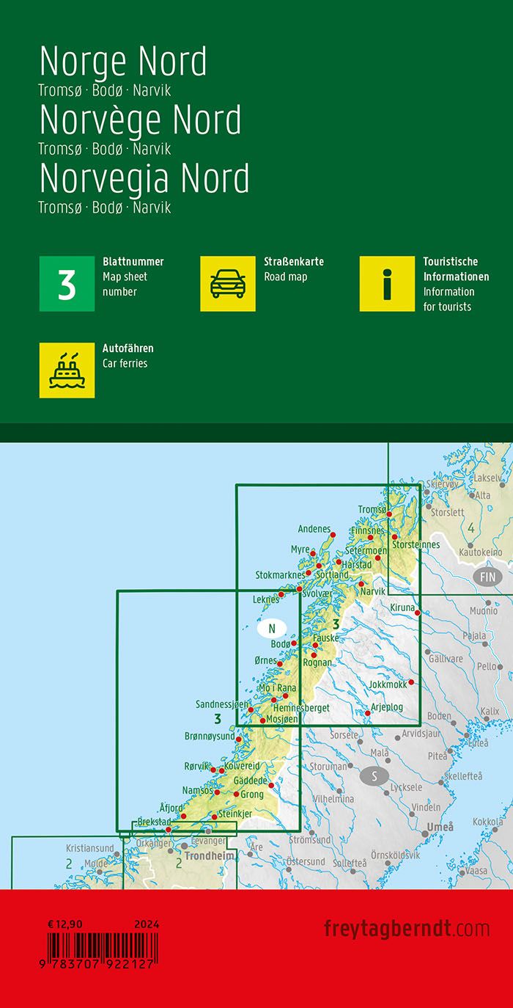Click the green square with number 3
click(x=67, y=284)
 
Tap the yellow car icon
click(x=228, y=284)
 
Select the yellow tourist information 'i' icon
click(x=387, y=284)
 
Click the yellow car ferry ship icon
click(x=67, y=370)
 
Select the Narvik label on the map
click(x=373, y=591)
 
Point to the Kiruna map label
click(x=403, y=607)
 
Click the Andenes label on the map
click(x=314, y=528)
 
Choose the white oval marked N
click(x=272, y=628)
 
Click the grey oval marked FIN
click(x=488, y=577)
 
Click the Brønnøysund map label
click(x=210, y=735)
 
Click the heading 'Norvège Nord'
click(x=139, y=120)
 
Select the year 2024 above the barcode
click(x=147, y=924)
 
